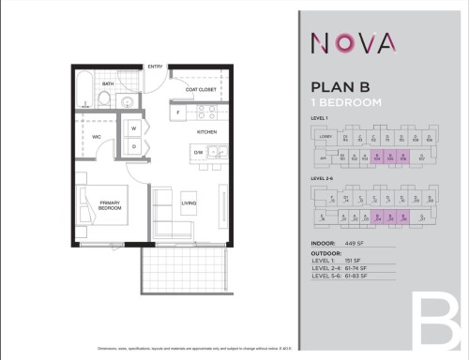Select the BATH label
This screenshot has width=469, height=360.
109,83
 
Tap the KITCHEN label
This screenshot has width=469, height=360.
206,132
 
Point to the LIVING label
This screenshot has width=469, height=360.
189,202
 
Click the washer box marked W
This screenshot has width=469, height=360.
134,128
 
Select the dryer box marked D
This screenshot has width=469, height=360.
134,146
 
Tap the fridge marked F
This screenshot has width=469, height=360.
178,112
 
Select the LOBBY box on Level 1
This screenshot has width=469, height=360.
325,137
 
